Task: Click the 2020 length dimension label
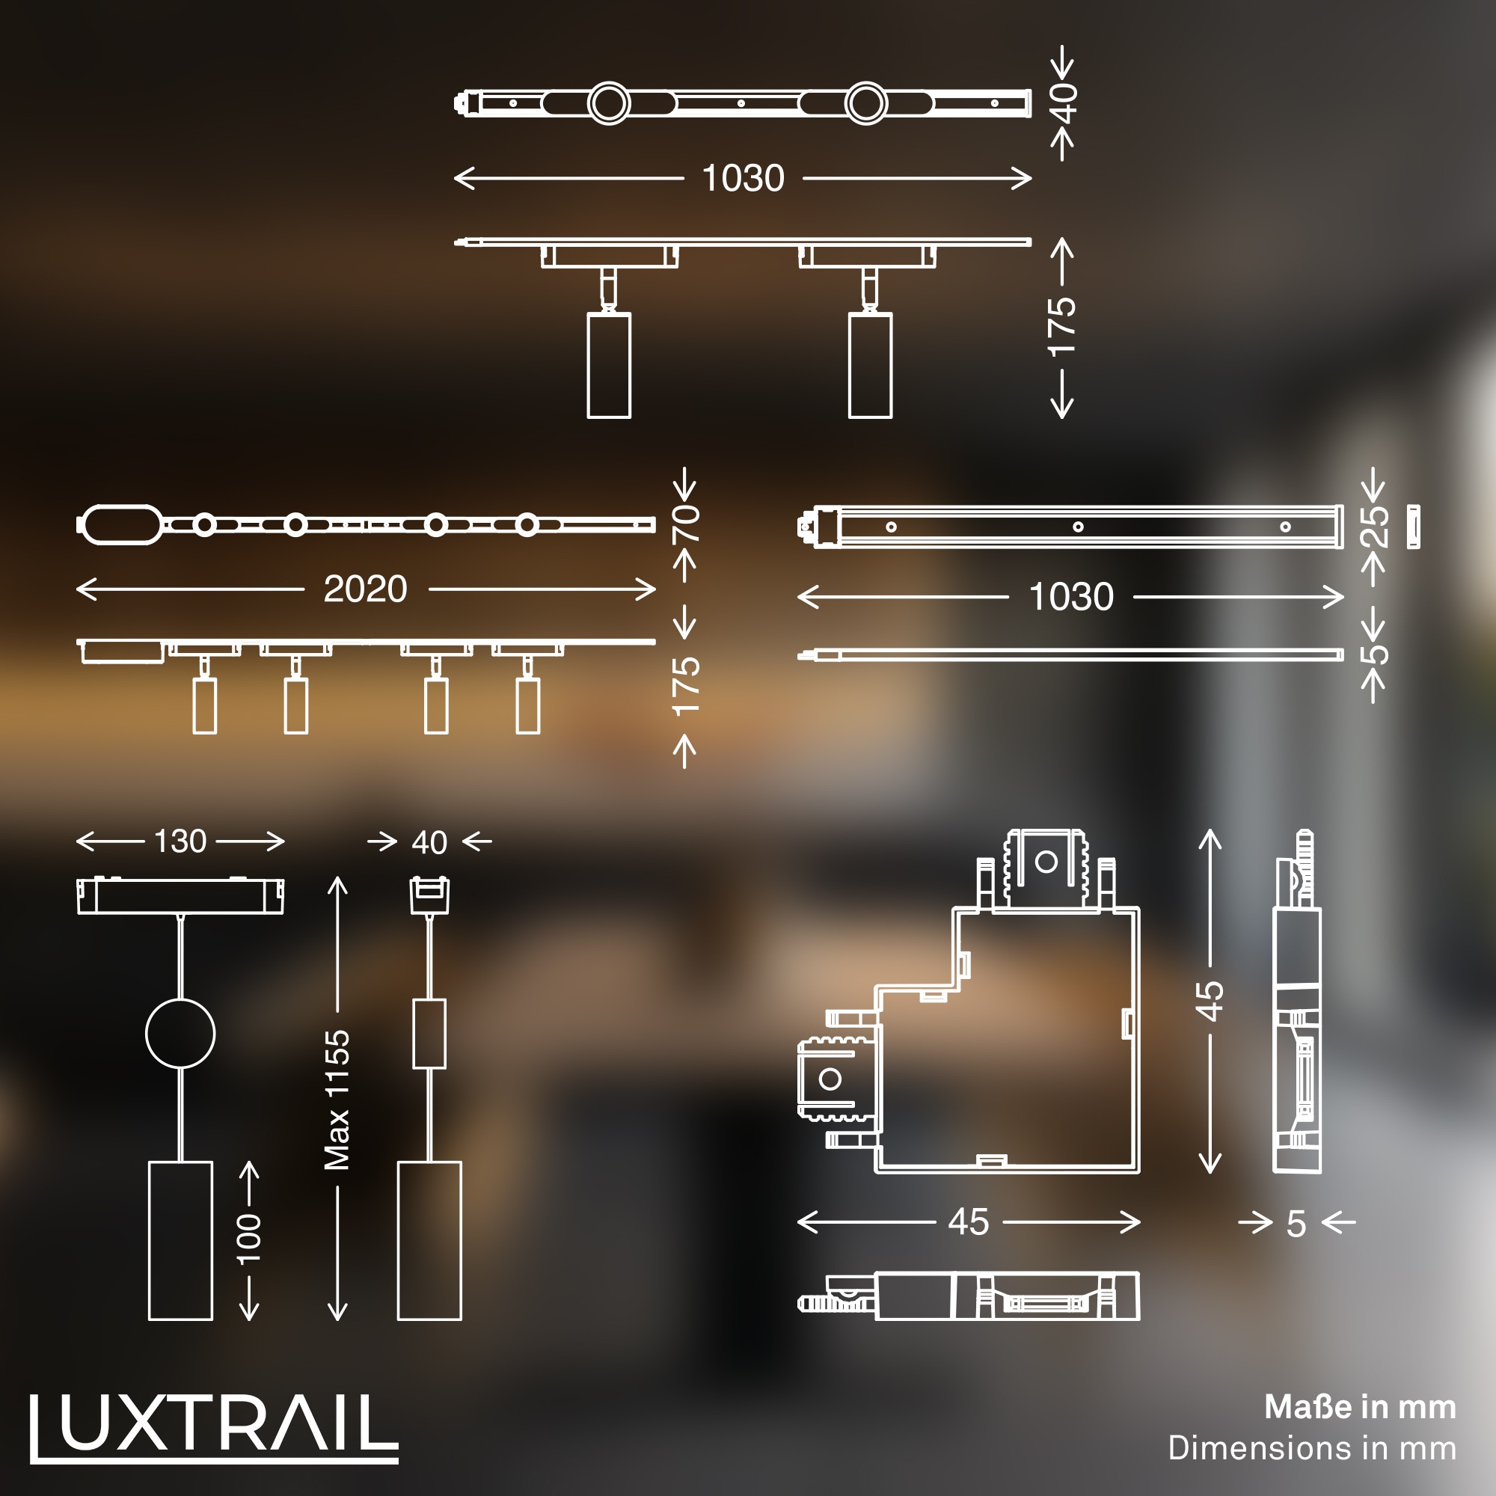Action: click(365, 589)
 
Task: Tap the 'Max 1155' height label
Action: click(337, 1100)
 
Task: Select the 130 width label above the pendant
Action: click(180, 841)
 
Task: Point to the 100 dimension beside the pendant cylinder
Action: click(248, 1239)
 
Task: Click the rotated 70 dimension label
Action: click(685, 524)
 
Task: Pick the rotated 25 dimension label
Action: click(1373, 527)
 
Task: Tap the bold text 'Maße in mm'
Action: click(1360, 1407)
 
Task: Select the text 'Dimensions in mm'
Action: click(1312, 1448)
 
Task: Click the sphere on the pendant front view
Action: click(180, 1033)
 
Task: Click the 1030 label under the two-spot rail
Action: click(743, 178)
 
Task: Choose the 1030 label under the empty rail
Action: click(1070, 597)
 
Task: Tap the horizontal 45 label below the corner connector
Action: click(968, 1222)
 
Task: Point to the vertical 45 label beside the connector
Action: click(1210, 1000)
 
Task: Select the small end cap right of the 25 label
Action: click(1413, 527)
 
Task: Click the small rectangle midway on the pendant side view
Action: click(429, 1033)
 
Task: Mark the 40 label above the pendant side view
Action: click(429, 842)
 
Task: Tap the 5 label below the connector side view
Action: click(1296, 1224)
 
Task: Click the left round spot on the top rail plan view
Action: click(609, 103)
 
